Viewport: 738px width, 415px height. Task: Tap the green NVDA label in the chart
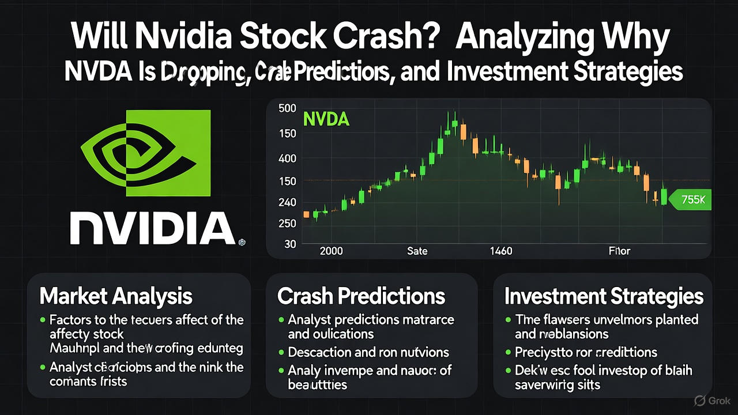(x=326, y=119)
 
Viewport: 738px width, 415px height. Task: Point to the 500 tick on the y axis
(x=287, y=108)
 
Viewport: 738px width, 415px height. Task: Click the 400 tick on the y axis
(x=287, y=158)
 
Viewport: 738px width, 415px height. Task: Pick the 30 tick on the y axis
(x=290, y=244)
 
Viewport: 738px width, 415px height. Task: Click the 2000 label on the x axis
(x=330, y=251)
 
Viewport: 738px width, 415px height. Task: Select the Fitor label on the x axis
(x=619, y=251)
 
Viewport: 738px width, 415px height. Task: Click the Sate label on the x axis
(x=417, y=251)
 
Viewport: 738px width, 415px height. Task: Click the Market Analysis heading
(x=116, y=296)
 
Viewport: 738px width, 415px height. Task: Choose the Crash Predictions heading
(x=362, y=296)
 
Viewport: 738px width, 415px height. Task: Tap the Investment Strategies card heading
(x=604, y=296)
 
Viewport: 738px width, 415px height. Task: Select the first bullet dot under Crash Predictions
(x=281, y=319)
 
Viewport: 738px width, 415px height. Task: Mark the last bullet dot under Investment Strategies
(x=508, y=371)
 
